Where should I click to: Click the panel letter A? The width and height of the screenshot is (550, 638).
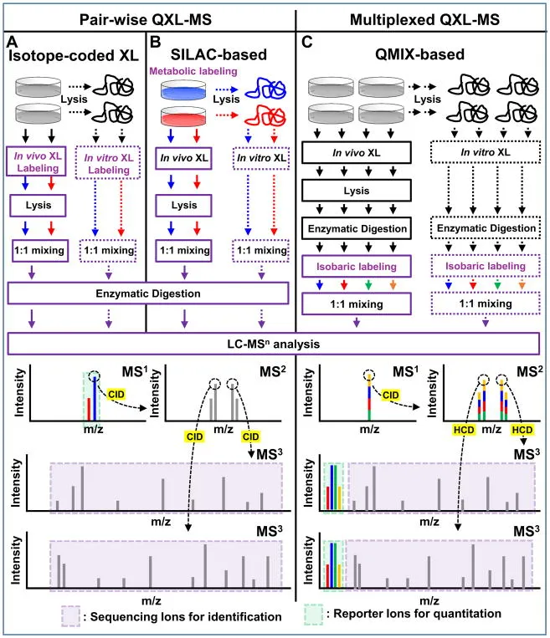(11, 40)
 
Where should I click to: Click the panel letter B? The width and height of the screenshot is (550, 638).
(155, 40)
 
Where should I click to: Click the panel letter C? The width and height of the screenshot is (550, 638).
(306, 40)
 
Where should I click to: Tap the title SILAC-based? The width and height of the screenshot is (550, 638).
(219, 54)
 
